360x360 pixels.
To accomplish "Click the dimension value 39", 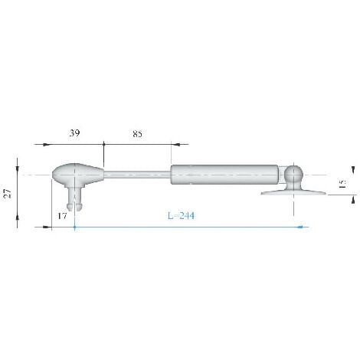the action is (x=74, y=133).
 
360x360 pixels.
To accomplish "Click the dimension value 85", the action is (x=137, y=134).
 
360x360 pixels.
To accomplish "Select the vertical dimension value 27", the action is (x=8, y=193).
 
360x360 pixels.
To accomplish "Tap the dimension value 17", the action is (x=62, y=216).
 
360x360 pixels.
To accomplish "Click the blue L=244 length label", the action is (x=181, y=216).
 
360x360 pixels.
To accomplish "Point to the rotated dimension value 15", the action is (x=343, y=184).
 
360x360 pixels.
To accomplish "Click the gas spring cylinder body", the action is (x=224, y=175).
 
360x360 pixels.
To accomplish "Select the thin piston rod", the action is (x=137, y=175).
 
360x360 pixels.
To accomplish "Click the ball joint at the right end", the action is (x=293, y=174).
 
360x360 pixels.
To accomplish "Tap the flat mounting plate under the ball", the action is (x=293, y=192).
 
